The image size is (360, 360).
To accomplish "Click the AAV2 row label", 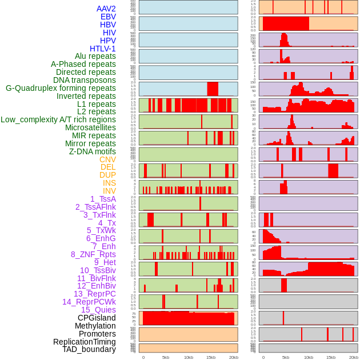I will click(x=106, y=9).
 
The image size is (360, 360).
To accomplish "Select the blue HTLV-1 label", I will click(x=102, y=49).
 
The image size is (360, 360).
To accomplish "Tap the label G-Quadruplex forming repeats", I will click(x=61, y=89).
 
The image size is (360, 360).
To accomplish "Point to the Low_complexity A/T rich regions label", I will click(x=58, y=120).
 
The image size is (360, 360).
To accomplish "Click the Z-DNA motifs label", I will click(x=92, y=151).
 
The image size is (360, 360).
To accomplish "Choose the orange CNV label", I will click(x=107, y=159).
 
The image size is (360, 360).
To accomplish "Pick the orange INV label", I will click(x=109, y=191).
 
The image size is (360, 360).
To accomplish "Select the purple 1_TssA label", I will click(x=103, y=199).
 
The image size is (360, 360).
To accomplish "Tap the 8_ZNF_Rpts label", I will click(x=93, y=254).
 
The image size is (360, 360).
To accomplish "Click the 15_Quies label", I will click(x=98, y=310).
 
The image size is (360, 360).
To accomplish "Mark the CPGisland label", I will click(x=97, y=318).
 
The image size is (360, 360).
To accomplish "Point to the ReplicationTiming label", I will click(x=84, y=342).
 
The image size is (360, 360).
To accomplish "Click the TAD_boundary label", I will click(x=89, y=349).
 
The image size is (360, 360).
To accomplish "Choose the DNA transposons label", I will click(x=84, y=81).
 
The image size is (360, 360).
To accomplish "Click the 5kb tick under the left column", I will click(x=166, y=357).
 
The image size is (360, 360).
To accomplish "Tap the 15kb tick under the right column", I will click(x=331, y=357).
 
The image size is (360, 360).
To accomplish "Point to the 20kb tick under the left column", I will click(x=233, y=357).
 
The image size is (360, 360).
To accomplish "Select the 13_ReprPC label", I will click(x=94, y=294).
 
